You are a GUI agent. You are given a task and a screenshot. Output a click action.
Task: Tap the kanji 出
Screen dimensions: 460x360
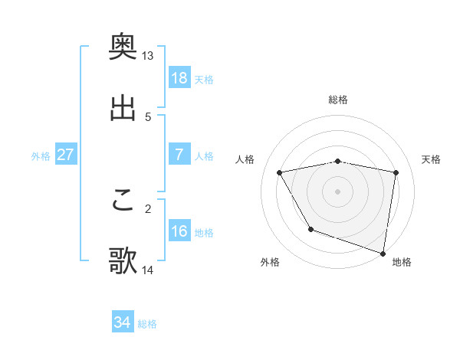click(123, 108)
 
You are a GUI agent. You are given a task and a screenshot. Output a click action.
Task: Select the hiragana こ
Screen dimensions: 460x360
click(123, 201)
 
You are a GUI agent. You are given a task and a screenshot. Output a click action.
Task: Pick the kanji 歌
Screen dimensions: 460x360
click(123, 261)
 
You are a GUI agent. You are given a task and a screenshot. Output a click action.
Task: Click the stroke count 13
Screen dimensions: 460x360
click(147, 56)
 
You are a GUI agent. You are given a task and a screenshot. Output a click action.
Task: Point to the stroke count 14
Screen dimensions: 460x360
click(147, 270)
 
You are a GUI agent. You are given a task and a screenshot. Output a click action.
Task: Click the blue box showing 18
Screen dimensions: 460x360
click(179, 78)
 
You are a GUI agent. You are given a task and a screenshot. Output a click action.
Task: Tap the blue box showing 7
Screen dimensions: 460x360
click(179, 155)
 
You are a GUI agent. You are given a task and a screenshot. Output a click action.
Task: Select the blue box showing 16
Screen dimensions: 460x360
click(179, 231)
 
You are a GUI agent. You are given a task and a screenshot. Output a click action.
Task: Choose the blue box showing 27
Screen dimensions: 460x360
click(65, 155)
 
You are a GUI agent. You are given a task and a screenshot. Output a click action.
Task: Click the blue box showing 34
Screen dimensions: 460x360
click(122, 323)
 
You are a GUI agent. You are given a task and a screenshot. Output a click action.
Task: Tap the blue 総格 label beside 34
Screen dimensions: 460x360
click(147, 324)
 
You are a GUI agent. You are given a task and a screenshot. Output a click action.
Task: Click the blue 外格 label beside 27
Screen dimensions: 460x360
click(41, 155)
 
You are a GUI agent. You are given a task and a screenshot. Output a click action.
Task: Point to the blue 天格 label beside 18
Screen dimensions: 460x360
click(204, 79)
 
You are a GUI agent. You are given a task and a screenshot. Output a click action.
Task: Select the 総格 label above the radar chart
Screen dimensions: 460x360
click(338, 100)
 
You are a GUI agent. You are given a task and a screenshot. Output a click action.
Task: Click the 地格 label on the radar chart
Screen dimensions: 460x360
click(402, 262)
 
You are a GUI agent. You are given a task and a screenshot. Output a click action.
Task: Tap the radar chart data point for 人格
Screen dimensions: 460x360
click(280, 172)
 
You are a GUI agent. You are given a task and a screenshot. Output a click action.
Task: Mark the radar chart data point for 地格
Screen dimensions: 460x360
click(383, 253)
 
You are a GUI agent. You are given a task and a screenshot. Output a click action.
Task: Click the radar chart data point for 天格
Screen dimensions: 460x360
click(396, 172)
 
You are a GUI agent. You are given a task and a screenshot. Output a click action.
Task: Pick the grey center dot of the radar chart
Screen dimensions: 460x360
click(338, 191)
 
